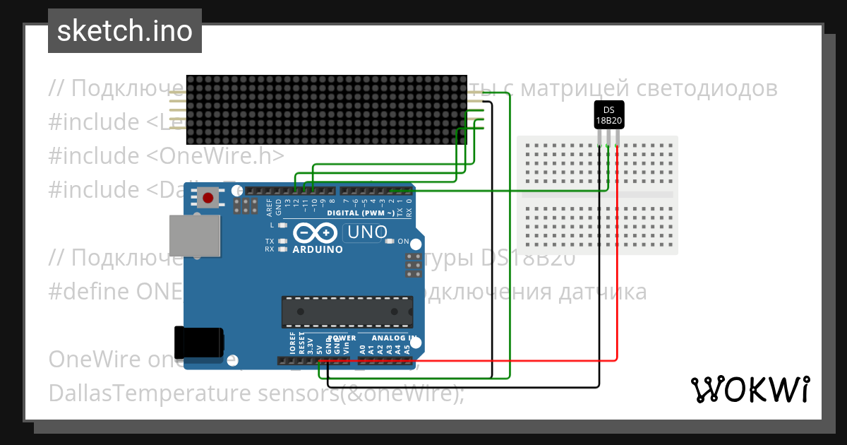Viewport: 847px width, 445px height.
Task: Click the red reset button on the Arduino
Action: point(208,198)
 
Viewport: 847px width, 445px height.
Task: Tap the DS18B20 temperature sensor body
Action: point(608,115)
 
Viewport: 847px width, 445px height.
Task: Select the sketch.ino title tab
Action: point(125,31)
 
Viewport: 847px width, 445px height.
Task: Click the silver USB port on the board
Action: point(194,236)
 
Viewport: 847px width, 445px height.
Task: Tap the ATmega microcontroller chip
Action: point(347,309)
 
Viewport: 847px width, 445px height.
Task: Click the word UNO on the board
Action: point(366,232)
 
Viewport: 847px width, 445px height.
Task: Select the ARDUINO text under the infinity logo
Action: point(318,249)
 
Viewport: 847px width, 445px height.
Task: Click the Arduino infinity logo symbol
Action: point(317,233)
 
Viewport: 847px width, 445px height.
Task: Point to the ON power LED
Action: point(389,242)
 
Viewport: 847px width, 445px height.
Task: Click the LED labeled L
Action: point(283,225)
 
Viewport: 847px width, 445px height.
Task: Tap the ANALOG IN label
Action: point(393,338)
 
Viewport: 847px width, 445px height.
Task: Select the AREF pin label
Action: point(269,206)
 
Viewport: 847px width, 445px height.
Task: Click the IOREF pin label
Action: point(293,343)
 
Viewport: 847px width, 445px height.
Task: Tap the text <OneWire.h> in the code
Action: point(215,155)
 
